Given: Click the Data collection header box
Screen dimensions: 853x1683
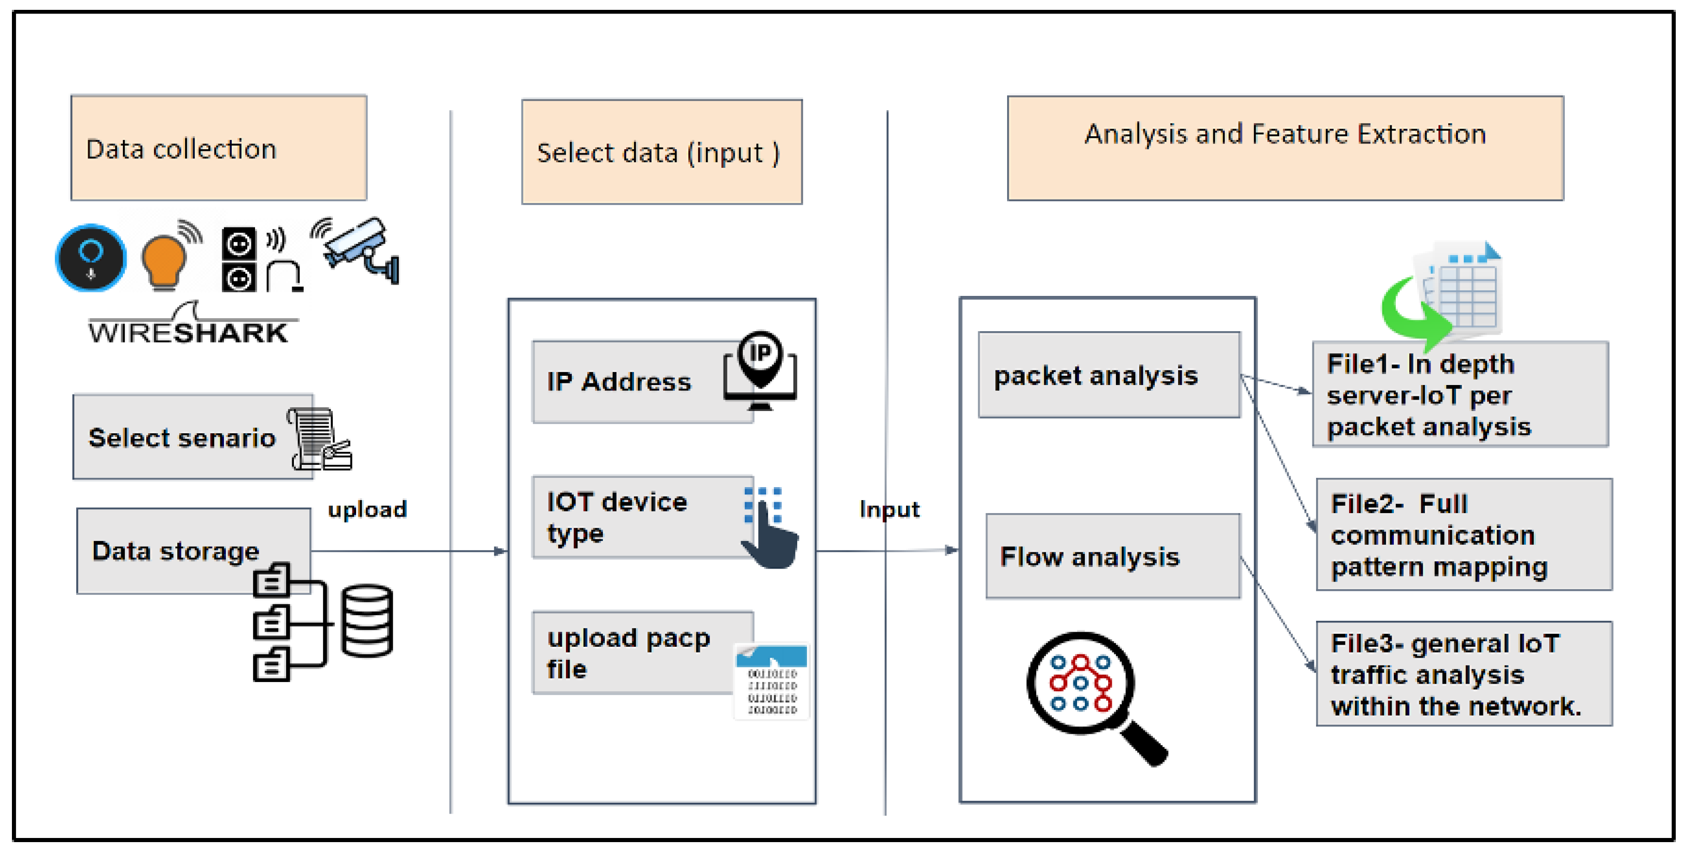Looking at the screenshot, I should [218, 148].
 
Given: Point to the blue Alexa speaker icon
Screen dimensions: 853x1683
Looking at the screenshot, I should [91, 258].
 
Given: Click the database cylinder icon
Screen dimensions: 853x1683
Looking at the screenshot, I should [367, 620].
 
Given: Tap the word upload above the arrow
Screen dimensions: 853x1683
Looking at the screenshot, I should [367, 509].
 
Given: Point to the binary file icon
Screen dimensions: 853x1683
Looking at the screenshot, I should [772, 682].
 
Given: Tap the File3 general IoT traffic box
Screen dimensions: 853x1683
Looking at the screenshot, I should [1463, 674].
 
